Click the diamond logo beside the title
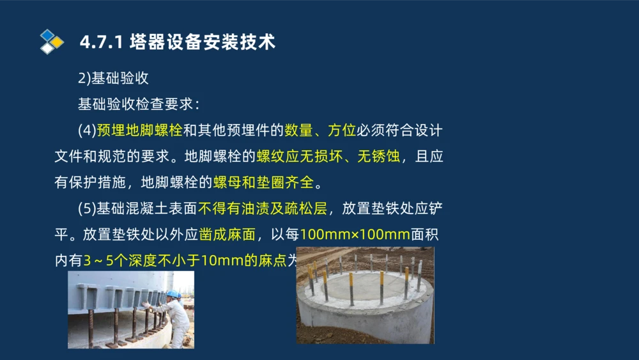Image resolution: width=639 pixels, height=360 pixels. click(x=51, y=42)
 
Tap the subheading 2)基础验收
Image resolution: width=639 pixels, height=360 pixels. click(x=113, y=79)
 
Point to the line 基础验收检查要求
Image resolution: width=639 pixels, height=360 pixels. click(x=139, y=104)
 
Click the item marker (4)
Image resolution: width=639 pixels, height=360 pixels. click(x=86, y=130)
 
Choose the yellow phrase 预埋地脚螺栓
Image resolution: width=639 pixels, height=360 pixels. click(x=140, y=130)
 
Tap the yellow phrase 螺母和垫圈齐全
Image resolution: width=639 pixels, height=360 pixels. click(x=263, y=183)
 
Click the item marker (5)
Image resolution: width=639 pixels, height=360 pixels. click(x=86, y=209)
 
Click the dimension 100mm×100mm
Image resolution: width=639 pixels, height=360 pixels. click(x=355, y=235)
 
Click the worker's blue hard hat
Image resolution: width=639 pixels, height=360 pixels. click(x=173, y=294)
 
